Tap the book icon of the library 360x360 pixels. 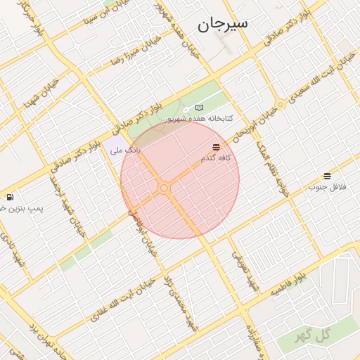point(200,108)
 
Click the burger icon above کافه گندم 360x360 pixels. point(215,147)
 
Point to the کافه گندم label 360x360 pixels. point(214,158)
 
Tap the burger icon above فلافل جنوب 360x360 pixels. point(328,176)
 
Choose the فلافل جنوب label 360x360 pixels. point(326,188)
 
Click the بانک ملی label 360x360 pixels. point(124,150)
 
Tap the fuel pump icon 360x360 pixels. point(10,197)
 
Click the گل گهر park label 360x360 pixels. point(313,335)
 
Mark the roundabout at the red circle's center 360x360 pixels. point(164,188)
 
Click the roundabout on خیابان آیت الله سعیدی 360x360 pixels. point(281,105)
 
